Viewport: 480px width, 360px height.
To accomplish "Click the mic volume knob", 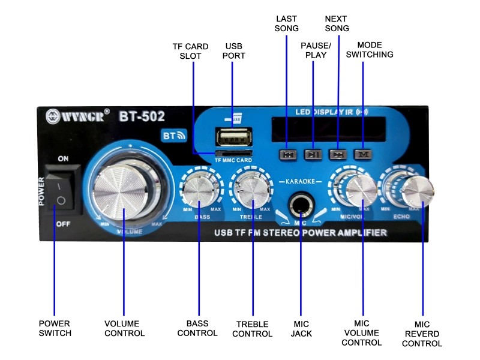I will point(362,189).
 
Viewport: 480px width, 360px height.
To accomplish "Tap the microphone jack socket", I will point(299,206).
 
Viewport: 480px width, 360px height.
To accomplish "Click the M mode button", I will point(363,154).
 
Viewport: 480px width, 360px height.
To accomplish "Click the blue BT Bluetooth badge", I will point(172,136).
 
